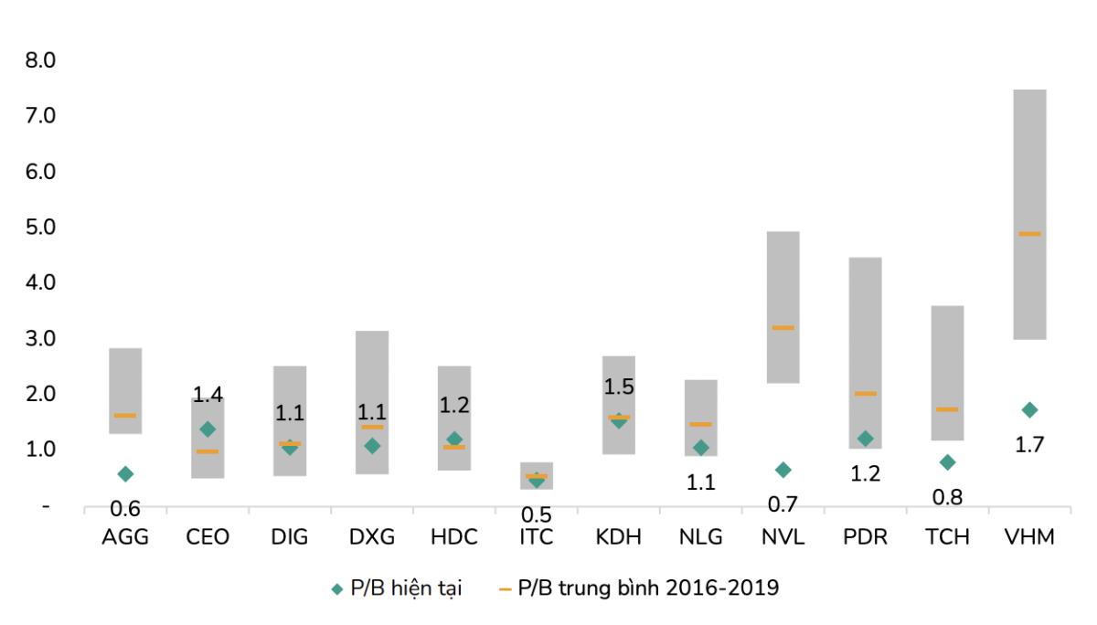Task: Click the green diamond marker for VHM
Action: pyautogui.click(x=1029, y=409)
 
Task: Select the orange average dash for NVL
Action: pyautogui.click(x=783, y=327)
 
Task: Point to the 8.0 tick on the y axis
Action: pyautogui.click(x=41, y=60)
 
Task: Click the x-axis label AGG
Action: pyautogui.click(x=125, y=536)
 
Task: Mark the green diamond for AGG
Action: pyautogui.click(x=125, y=473)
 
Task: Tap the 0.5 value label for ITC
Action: pyautogui.click(x=537, y=514)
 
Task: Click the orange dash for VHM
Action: pyautogui.click(x=1029, y=234)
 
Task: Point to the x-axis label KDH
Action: pyautogui.click(x=619, y=536)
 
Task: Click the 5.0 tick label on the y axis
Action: pyautogui.click(x=41, y=227)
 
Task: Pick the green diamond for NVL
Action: pyautogui.click(x=783, y=470)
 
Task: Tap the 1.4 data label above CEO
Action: pyautogui.click(x=208, y=395)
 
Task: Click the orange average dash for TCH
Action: pyautogui.click(x=947, y=409)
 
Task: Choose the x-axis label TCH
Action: pyautogui.click(x=947, y=536)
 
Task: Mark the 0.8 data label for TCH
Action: pyautogui.click(x=947, y=497)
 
